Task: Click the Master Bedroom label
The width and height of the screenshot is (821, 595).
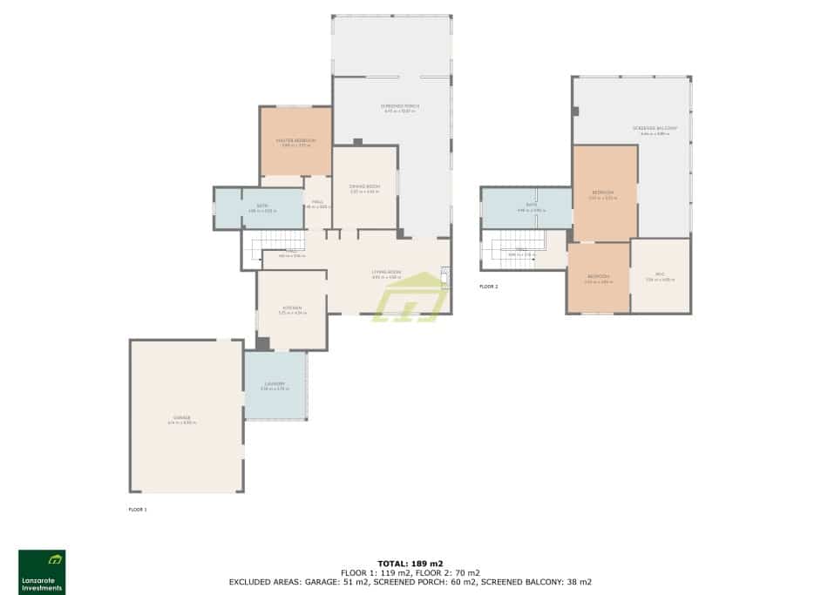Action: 295,140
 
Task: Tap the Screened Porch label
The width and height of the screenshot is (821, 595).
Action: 400,106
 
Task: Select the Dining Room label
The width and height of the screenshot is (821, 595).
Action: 364,187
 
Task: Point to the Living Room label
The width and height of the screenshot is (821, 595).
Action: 387,273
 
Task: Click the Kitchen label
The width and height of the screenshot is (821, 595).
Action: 291,308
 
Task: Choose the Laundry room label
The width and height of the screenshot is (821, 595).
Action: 275,384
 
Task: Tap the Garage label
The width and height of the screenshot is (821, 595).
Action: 182,418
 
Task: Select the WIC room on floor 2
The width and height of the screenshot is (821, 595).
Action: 660,276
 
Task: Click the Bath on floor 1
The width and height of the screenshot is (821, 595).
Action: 259,207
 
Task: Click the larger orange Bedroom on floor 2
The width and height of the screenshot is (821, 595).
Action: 603,193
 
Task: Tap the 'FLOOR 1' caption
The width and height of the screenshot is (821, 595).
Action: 138,509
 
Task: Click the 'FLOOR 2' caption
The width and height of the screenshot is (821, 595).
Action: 489,286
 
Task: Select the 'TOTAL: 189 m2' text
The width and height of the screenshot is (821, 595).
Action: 410,564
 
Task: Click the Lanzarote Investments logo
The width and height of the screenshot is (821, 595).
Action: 42,571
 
